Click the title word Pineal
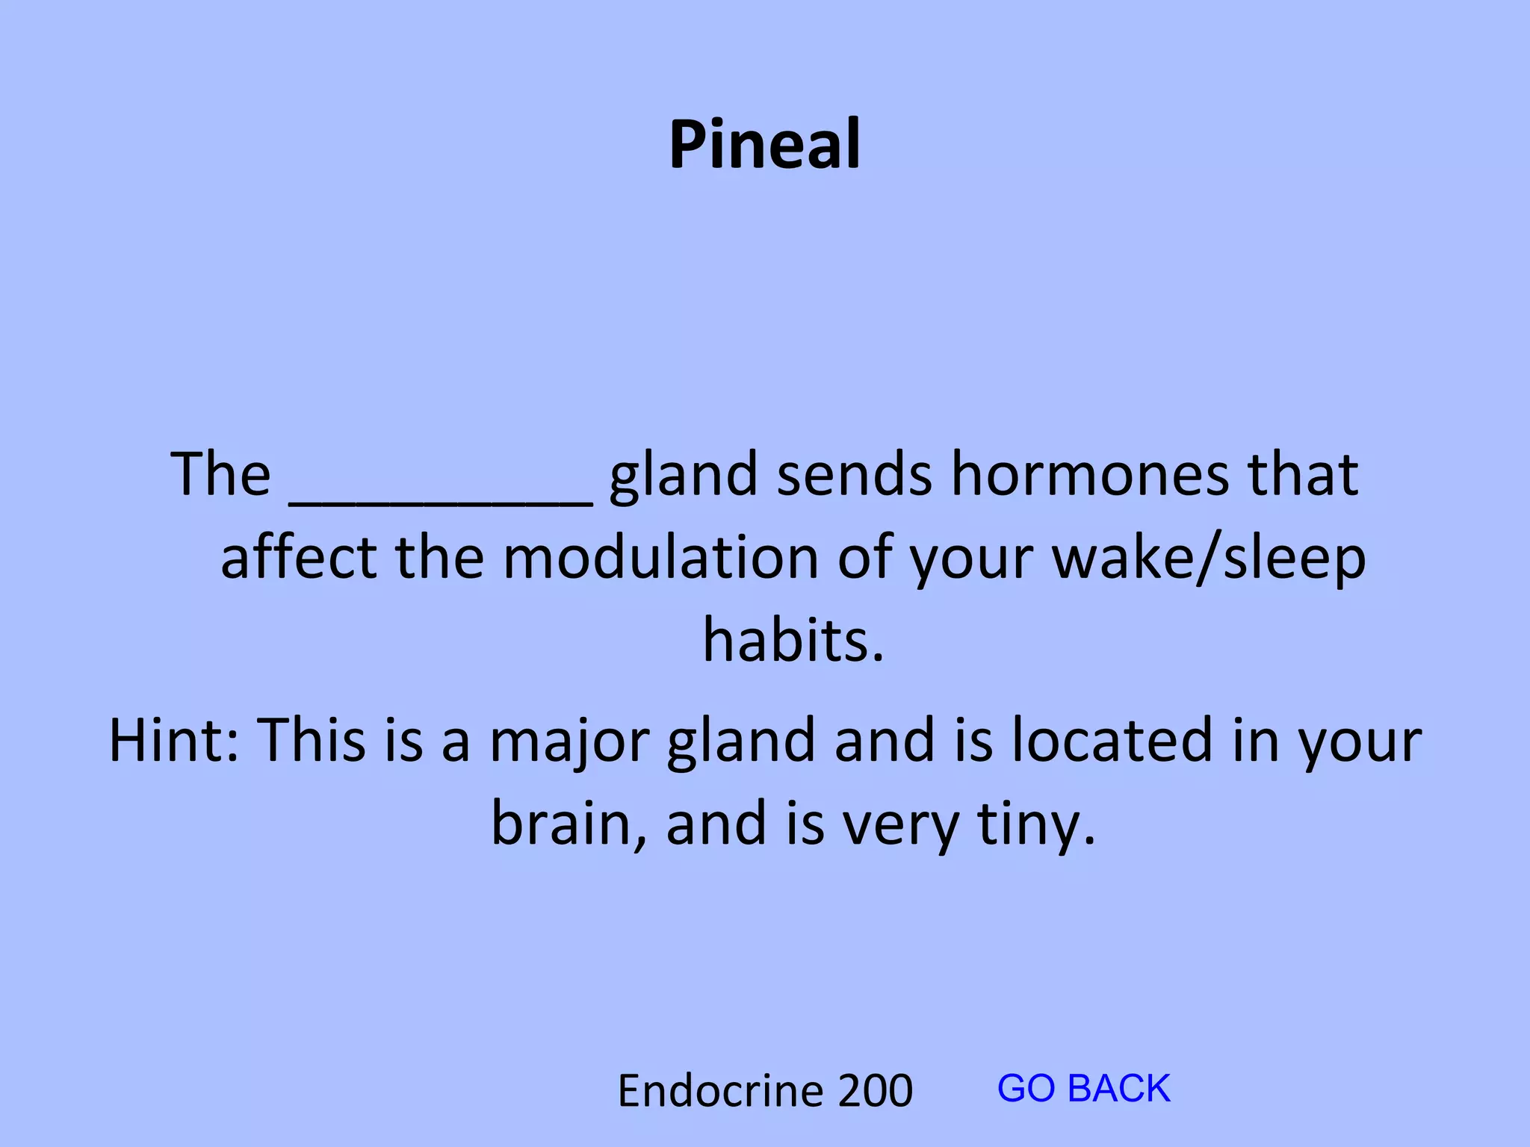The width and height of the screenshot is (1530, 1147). click(x=764, y=145)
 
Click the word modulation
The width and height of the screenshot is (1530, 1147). click(x=660, y=559)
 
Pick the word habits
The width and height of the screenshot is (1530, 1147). click(x=793, y=641)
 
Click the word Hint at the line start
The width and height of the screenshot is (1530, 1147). click(x=174, y=739)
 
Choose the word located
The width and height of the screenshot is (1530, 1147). click(x=1112, y=739)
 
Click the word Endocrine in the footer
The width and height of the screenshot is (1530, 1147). click(x=719, y=1090)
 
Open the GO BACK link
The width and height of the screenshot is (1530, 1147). click(x=1083, y=1088)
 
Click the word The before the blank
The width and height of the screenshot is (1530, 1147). click(x=220, y=475)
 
